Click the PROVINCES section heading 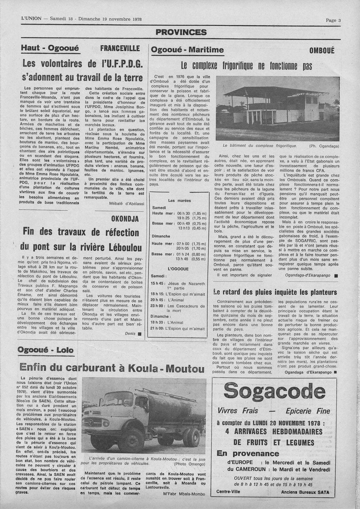tap(181, 32)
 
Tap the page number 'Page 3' tap(333, 20)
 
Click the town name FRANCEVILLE tap(120, 49)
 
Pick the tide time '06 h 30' tap(184, 213)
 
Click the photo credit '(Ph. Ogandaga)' tap(324, 146)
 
